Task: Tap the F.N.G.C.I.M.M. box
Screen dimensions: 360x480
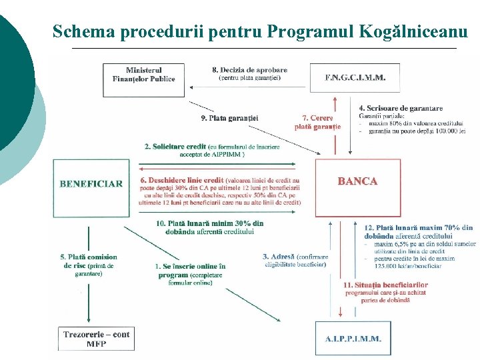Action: click(355, 77)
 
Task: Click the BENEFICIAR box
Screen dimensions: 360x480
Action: click(91, 184)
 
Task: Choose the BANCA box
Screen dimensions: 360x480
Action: click(357, 181)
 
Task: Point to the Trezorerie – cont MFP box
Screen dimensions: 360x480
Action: click(96, 338)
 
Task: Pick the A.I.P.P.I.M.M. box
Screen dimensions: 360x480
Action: click(353, 338)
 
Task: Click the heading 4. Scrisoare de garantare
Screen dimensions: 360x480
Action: click(400, 108)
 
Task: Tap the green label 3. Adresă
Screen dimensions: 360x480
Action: click(275, 256)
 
